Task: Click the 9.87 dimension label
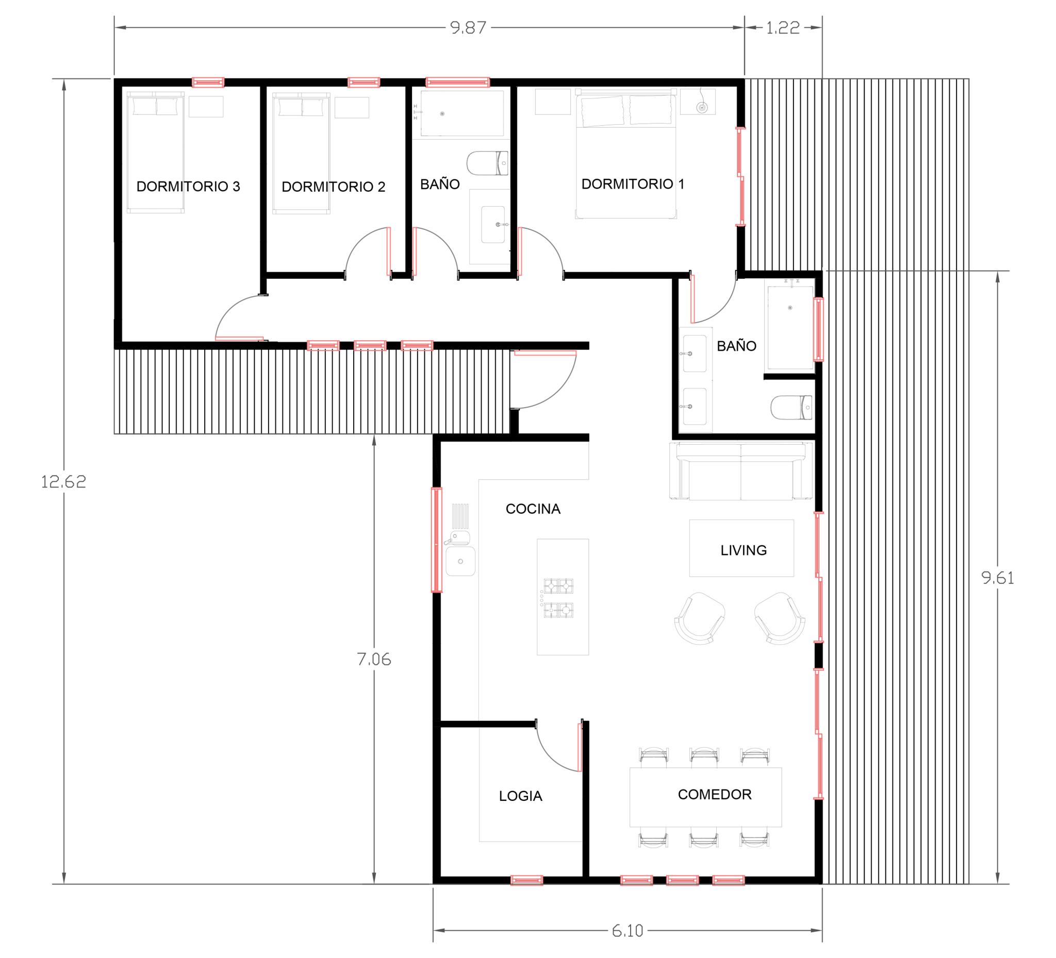click(x=468, y=28)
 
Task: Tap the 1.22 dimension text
click(x=783, y=28)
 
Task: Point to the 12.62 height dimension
click(x=63, y=482)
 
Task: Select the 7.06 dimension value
click(x=373, y=660)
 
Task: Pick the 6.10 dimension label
click(x=628, y=931)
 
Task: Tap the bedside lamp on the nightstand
click(x=702, y=107)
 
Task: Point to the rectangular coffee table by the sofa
click(x=741, y=548)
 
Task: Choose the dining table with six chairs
click(x=705, y=797)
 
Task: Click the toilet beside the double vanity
click(x=791, y=407)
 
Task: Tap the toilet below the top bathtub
click(x=487, y=163)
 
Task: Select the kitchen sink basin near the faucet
click(x=460, y=561)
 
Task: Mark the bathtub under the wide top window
click(x=461, y=113)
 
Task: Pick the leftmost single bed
click(x=155, y=153)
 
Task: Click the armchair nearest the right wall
click(x=780, y=618)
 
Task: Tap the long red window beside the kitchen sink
click(x=436, y=539)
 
